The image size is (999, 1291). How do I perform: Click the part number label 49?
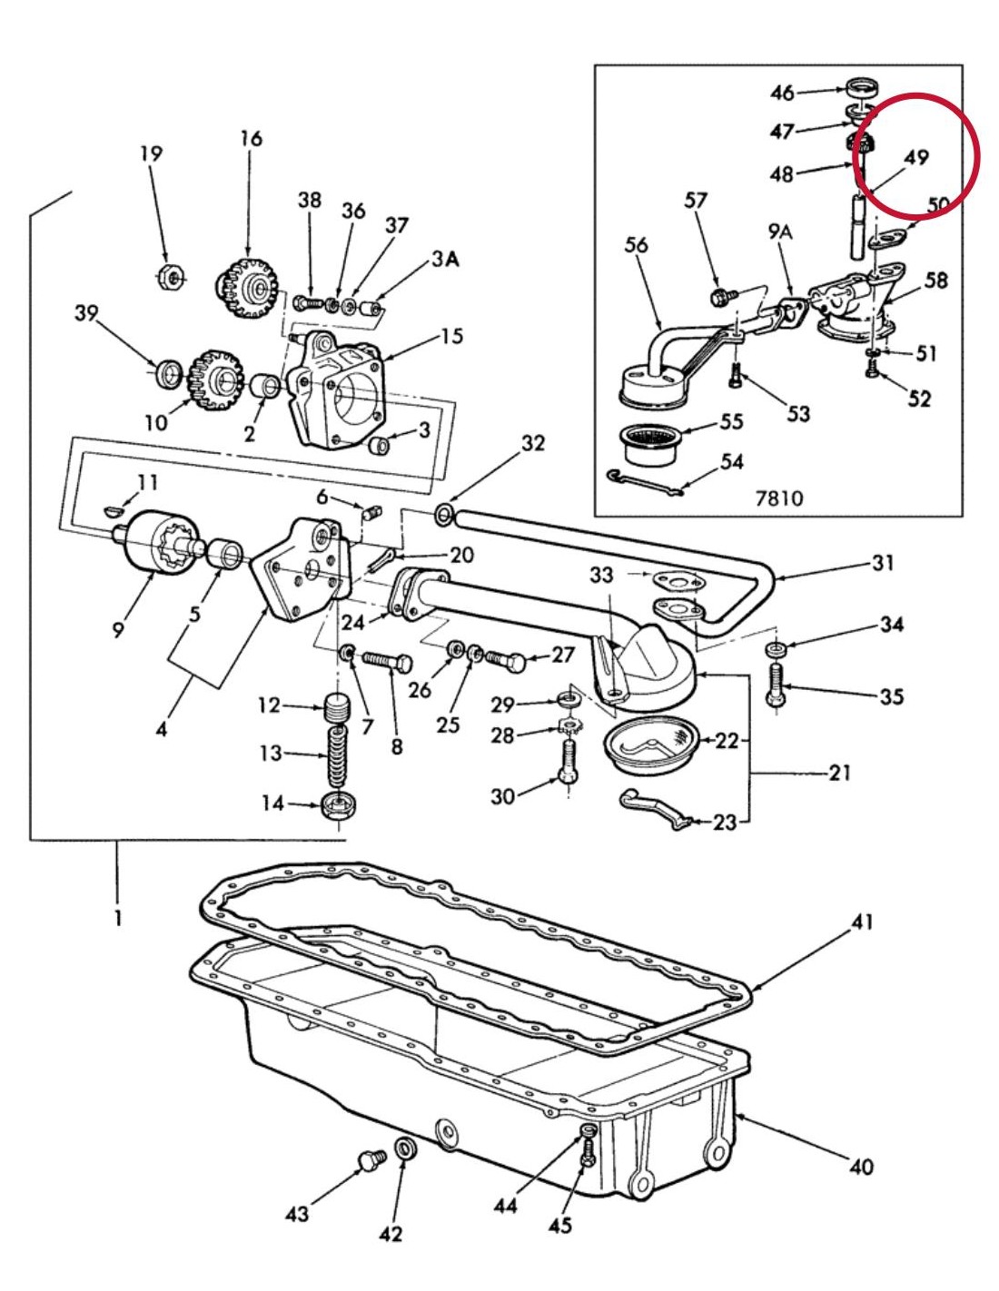[916, 157]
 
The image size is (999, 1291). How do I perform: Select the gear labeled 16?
[247, 289]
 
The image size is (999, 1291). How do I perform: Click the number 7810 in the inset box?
[778, 497]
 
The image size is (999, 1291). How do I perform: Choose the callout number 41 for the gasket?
[862, 921]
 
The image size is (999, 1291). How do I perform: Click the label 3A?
[445, 260]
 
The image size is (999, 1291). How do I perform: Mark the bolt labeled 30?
[568, 762]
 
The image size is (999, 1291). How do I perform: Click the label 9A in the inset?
[779, 232]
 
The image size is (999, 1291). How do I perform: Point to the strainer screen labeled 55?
[650, 444]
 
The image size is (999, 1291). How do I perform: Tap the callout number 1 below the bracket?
[117, 918]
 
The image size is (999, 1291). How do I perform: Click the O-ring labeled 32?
[443, 516]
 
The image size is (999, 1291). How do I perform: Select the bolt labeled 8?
[388, 661]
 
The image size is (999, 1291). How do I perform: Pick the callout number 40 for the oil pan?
[860, 1166]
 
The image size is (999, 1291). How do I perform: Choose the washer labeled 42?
[406, 1148]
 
